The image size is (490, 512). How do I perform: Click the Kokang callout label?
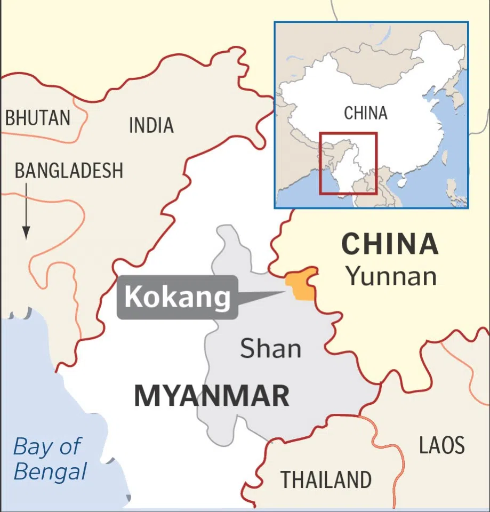pos(178,297)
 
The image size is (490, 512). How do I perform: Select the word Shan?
pos(270,349)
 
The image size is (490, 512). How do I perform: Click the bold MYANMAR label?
pos(212,396)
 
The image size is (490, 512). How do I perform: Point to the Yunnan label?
pos(391,276)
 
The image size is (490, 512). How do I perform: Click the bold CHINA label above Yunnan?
pos(390,244)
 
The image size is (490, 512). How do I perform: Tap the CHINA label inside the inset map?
pos(365,113)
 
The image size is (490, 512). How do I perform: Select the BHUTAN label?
pos(37,118)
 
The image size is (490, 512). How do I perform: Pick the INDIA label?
pos(151,125)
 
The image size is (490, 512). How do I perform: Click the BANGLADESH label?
pos(69,171)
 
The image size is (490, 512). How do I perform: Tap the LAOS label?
pos(441,445)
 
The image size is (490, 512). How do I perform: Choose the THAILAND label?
pos(326,479)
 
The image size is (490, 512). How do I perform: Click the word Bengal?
pos(50,471)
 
